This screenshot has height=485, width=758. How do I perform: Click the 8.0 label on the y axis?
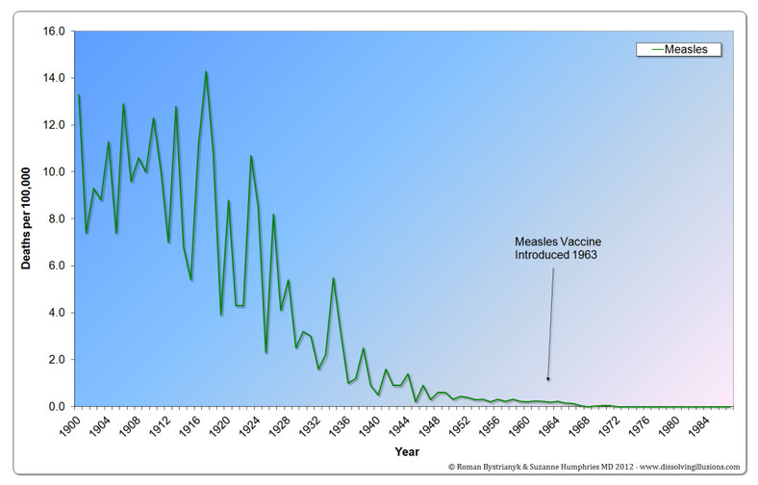pyautogui.click(x=56, y=218)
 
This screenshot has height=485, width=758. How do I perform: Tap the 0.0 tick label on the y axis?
pyautogui.click(x=56, y=406)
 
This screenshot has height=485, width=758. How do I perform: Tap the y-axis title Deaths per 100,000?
pyautogui.click(x=29, y=218)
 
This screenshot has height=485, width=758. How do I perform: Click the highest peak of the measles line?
pyautogui.click(x=206, y=71)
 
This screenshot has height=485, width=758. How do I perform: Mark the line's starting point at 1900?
pyautogui.click(x=79, y=94)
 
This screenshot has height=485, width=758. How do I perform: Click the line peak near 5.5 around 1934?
pyautogui.click(x=333, y=278)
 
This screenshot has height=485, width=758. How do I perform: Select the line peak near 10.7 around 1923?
pyautogui.click(x=251, y=156)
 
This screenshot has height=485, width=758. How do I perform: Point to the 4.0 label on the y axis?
pyautogui.click(x=56, y=313)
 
